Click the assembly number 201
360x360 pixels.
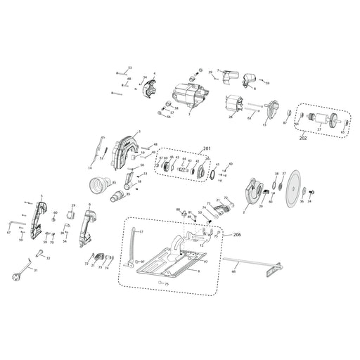pos(206,148)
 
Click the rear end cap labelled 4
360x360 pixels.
pos(150,90)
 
